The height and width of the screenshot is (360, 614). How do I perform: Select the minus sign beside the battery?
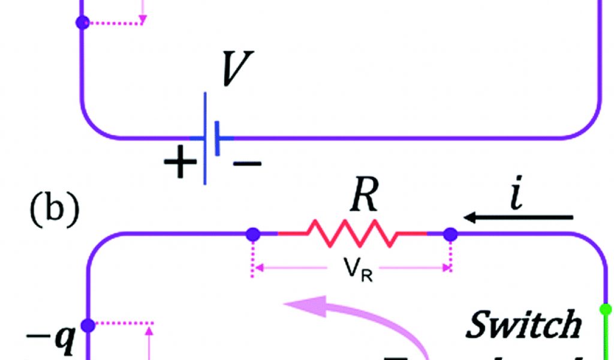pos(246,163)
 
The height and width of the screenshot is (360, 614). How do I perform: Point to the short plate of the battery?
pos(217,138)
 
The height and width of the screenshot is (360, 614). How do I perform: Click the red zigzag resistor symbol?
pos(352,233)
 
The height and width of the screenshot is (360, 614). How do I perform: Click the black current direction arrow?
pos(519,217)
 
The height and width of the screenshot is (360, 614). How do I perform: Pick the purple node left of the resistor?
pos(253,233)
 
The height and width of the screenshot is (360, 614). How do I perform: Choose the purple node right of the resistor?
pos(450,233)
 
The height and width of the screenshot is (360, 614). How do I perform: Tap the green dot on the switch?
pos(607,310)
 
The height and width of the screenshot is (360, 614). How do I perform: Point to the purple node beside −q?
pos(89,325)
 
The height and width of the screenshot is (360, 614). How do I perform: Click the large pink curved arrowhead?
pos(306,305)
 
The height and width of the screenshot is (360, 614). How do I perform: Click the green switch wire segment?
pos(607,336)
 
